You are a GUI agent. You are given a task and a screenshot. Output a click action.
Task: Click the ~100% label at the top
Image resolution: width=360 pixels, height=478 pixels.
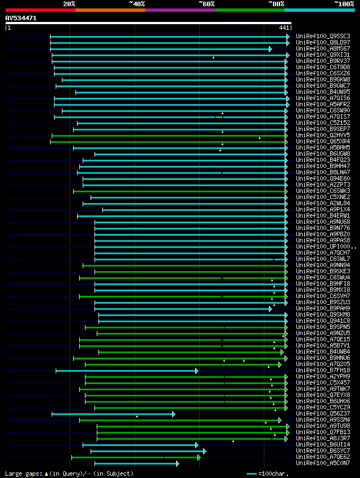[344, 3]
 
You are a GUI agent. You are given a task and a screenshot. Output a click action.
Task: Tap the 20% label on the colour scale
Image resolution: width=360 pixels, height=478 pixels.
[69, 3]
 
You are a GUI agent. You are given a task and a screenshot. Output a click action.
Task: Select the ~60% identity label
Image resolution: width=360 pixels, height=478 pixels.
[206, 3]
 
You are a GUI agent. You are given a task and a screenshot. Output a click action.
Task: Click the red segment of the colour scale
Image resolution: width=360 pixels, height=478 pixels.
[40, 10]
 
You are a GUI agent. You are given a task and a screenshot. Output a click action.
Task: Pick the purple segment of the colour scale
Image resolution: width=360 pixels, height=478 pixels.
[179, 10]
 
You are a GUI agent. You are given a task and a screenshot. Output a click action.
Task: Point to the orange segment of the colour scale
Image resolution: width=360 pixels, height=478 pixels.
[110, 10]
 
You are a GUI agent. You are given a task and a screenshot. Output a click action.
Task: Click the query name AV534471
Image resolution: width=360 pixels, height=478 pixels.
[21, 18]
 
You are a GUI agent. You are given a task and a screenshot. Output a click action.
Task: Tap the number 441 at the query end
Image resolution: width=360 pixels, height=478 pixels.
[283, 28]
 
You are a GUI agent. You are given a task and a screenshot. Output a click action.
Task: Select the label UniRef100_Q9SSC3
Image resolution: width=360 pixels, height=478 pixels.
[323, 37]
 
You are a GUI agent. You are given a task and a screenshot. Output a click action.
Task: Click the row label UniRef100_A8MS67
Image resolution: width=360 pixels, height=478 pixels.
[323, 49]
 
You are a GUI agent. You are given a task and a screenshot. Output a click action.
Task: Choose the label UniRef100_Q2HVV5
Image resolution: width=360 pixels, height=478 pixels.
[323, 136]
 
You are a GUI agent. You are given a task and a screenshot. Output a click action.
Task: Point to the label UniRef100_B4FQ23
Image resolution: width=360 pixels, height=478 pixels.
[323, 160]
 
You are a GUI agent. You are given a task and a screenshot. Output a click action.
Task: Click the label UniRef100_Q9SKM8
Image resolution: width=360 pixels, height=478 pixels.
[323, 315]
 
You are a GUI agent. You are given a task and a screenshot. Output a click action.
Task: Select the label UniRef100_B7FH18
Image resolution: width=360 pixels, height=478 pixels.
[323, 371]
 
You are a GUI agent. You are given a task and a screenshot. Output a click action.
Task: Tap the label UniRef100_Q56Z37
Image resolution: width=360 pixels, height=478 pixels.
[323, 414]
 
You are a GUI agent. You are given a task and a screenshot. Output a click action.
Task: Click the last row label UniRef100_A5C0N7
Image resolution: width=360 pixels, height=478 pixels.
[323, 463]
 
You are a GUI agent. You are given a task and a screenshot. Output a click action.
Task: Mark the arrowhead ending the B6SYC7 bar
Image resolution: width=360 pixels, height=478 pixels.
[204, 451]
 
